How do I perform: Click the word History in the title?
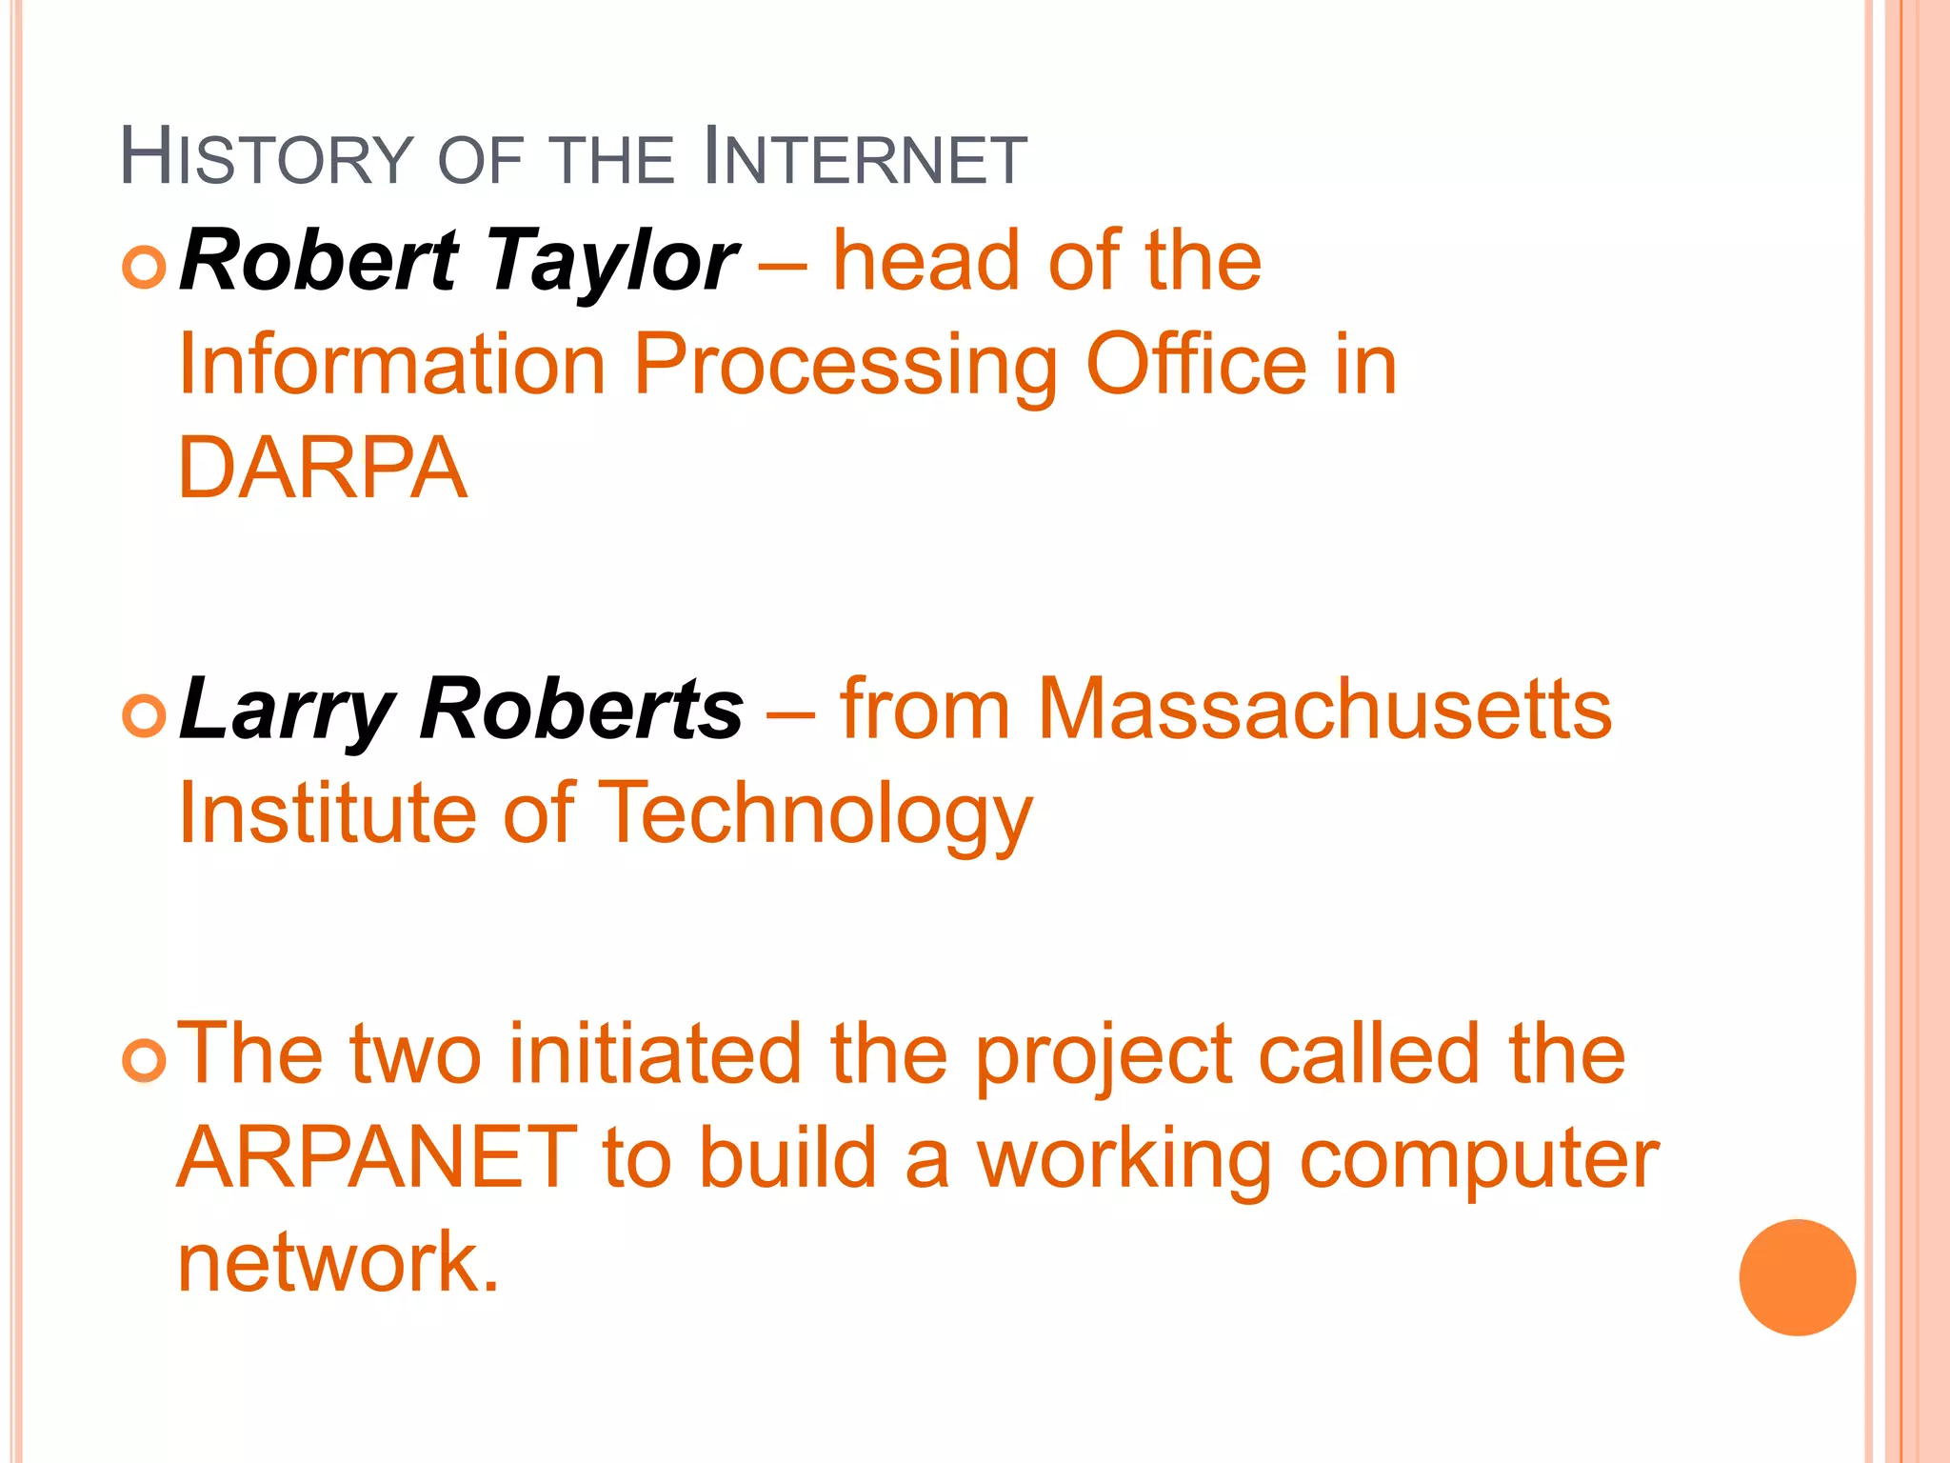(x=268, y=157)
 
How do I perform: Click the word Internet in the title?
(x=865, y=157)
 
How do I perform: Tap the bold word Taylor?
(x=611, y=262)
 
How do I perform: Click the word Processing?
(x=846, y=366)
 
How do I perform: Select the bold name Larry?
(x=287, y=711)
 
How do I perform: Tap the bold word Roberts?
(x=582, y=709)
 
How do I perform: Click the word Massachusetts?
(x=1324, y=709)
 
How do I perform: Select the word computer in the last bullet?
(x=1479, y=1160)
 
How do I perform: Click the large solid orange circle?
(x=1797, y=1277)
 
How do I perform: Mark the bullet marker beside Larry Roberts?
(x=145, y=715)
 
